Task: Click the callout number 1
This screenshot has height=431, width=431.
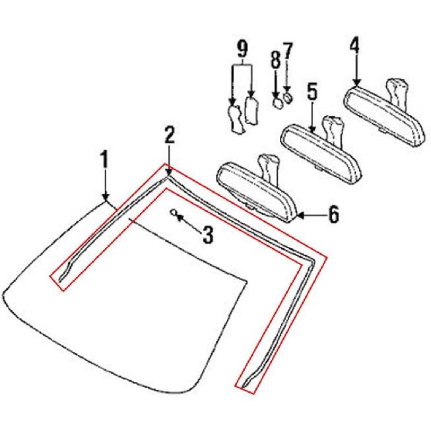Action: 104,160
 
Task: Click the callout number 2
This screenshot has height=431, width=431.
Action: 170,136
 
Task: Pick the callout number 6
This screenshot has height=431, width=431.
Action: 334,215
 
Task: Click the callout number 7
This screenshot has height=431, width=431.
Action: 287,51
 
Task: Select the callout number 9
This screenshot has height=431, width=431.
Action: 242,48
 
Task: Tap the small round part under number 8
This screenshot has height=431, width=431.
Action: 278,104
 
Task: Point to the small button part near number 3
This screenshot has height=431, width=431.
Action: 174,212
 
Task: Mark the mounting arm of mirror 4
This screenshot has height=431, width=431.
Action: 400,90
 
